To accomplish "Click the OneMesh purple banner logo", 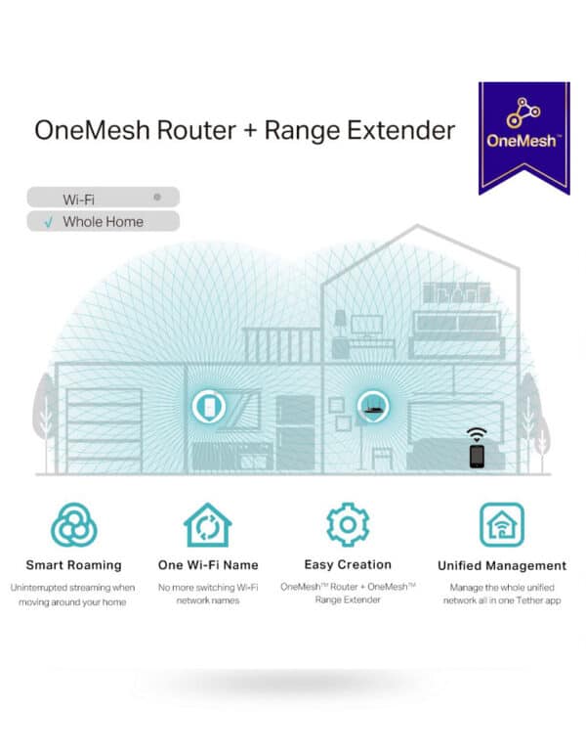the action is (x=524, y=138).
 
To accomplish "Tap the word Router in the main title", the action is (x=196, y=130).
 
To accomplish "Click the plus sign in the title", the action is (x=250, y=131).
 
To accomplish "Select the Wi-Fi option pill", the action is (x=103, y=198).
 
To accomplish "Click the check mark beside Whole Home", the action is (x=49, y=222).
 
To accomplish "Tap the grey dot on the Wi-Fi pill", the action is (x=157, y=198).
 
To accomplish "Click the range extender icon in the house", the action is (x=209, y=406).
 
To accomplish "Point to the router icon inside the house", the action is (x=374, y=407).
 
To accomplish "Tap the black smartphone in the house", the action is (x=477, y=456).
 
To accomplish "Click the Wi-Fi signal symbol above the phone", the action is (x=477, y=435).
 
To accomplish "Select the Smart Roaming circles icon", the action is (x=74, y=525).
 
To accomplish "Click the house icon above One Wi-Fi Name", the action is (x=208, y=525).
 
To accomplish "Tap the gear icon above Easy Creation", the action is (x=348, y=525).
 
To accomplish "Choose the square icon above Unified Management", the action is (x=502, y=525).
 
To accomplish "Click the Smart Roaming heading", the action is (x=74, y=565).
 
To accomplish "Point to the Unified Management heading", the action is (x=502, y=566).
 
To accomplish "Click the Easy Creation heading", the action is (x=348, y=564).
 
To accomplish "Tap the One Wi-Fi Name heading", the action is (x=208, y=565).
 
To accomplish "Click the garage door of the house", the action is (x=104, y=430).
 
